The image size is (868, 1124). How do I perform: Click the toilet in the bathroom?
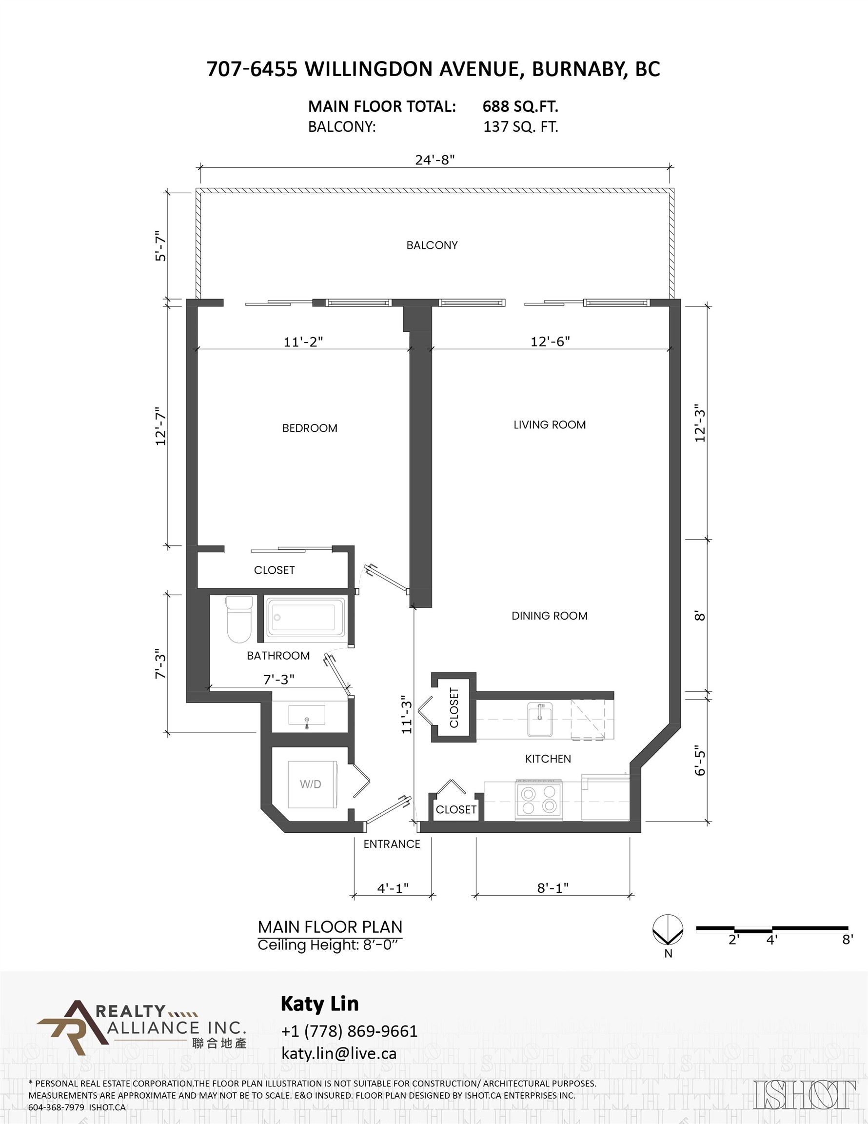pos(239,620)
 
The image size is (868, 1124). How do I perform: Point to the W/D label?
pos(310,784)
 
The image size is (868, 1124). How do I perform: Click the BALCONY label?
pos(432,245)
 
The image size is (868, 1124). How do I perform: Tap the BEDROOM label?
pos(310,428)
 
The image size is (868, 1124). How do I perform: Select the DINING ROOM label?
pos(549,616)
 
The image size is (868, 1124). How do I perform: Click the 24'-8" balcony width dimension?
pos(435,160)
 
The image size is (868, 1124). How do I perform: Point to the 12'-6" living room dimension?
pos(550,341)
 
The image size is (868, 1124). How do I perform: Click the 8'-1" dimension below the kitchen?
pos(552,888)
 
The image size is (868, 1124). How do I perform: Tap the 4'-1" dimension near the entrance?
pos(393,888)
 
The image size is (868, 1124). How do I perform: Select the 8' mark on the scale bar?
pos(848,939)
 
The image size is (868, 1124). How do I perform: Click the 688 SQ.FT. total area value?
pos(520,106)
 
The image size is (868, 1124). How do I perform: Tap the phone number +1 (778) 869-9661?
pos(349,1031)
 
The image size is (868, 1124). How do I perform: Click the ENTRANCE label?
pos(392,844)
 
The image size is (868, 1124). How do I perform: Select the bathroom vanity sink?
pos(307,715)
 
